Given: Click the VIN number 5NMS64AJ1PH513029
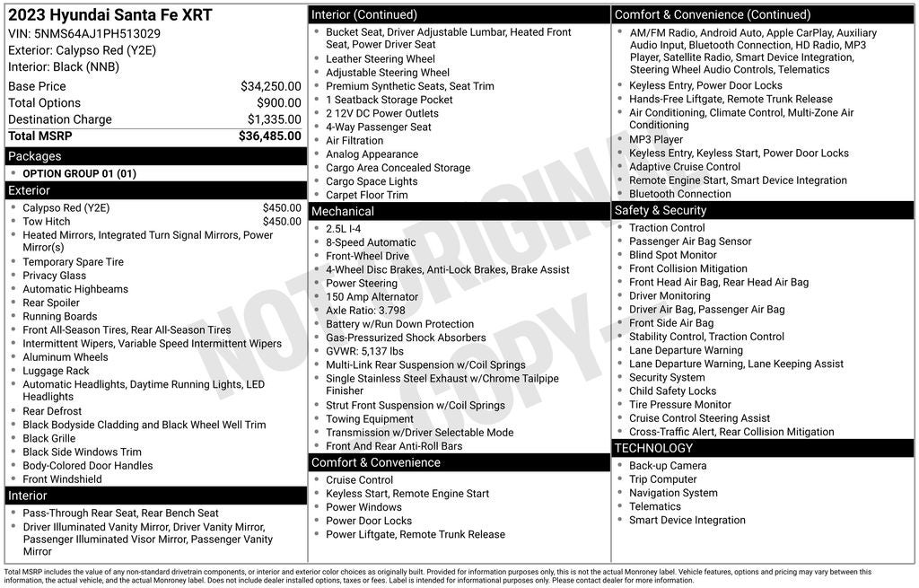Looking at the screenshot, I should (97, 34).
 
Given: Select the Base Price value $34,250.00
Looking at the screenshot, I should (270, 86).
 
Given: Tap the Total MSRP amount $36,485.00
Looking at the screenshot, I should (269, 136).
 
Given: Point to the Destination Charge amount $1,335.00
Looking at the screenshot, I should (274, 119).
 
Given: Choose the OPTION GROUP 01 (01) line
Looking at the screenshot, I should (79, 174).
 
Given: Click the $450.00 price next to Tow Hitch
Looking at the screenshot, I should (282, 222).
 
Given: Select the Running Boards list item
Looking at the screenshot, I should (60, 317).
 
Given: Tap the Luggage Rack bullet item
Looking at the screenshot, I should (56, 371).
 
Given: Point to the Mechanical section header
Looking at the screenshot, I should (342, 211).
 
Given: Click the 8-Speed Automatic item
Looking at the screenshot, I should (371, 242).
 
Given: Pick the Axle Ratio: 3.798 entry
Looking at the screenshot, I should (365, 311).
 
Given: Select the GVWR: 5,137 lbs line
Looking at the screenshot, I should (364, 352).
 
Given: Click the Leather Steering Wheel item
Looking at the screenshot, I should (381, 59).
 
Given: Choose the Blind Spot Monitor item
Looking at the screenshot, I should (673, 255).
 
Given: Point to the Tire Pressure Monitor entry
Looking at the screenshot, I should (679, 405).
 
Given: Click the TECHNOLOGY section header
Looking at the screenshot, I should (654, 448).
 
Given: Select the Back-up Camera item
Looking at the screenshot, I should (668, 466).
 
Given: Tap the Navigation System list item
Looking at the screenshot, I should (673, 493).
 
